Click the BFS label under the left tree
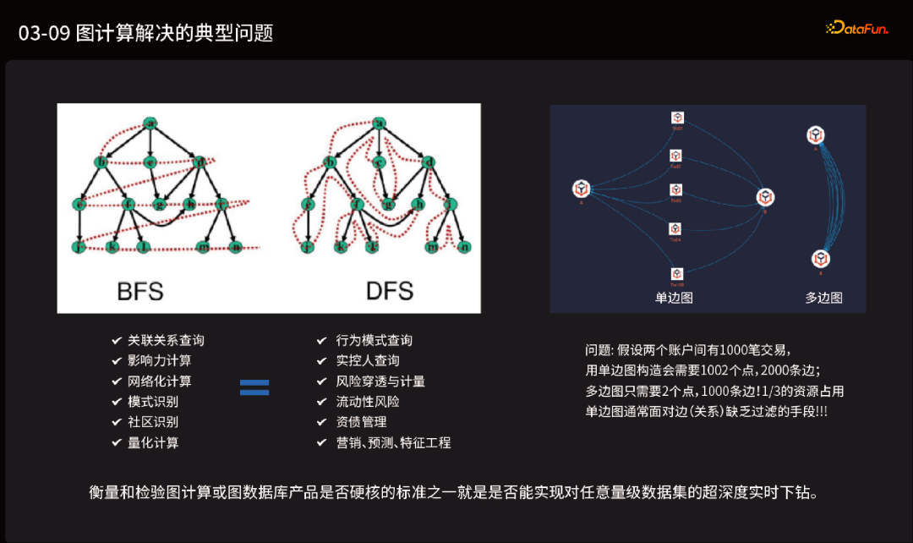pos(140,291)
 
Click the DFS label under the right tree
pos(389,291)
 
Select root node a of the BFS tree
pos(151,124)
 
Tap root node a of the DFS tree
pos(379,124)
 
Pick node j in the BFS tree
pos(79,247)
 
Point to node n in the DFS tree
pos(463,247)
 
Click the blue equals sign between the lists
pos(254,387)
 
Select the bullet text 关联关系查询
pos(166,340)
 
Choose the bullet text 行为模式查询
pos(374,340)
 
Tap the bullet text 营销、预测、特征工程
pos(394,442)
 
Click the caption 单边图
pos(674,298)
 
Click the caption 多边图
pos(823,298)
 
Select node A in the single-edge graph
pos(581,189)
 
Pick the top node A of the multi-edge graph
pos(816,134)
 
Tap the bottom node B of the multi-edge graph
pos(821,259)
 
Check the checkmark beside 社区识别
pos(117,422)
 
